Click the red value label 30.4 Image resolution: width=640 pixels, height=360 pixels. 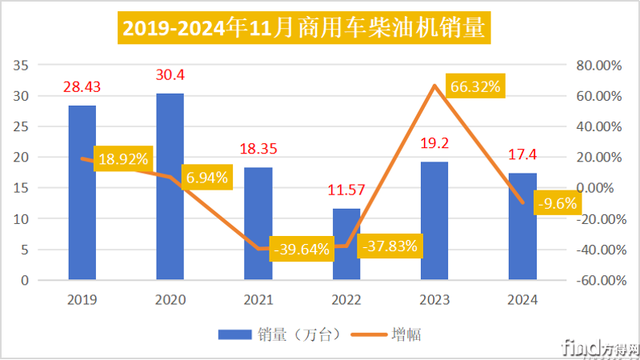[170, 75]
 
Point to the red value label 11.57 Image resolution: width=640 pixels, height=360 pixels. [346, 190]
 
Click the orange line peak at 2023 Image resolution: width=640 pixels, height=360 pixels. [434, 85]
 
